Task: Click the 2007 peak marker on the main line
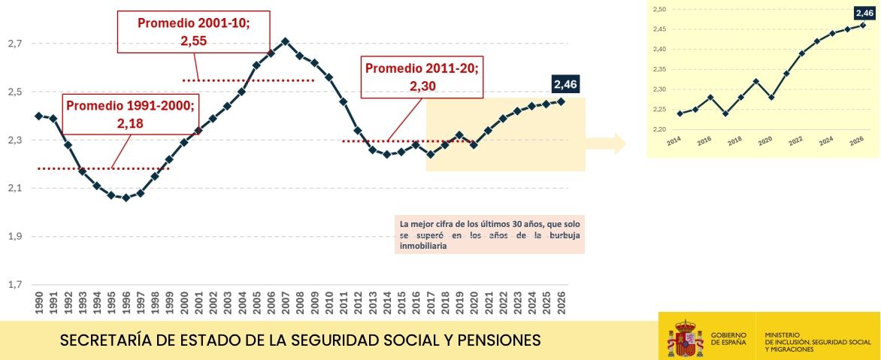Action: [285, 41]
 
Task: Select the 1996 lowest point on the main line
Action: [126, 198]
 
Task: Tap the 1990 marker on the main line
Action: [38, 116]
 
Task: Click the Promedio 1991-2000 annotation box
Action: [129, 113]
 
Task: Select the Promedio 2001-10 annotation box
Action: [193, 32]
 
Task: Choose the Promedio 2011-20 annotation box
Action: [422, 77]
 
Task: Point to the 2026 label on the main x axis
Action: [563, 302]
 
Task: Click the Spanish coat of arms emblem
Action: [685, 338]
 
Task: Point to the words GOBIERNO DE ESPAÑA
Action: [728, 338]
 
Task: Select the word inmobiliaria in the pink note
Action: [422, 246]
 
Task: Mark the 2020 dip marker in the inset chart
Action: [770, 97]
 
